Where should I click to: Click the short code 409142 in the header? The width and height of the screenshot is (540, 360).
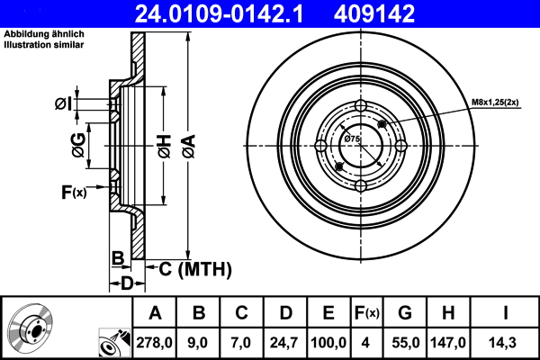pos(400,13)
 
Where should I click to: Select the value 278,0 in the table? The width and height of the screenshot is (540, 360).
pos(155,341)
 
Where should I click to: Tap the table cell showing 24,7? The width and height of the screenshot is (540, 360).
pos(283,341)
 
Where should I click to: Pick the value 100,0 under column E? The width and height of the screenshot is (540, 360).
pos(328,341)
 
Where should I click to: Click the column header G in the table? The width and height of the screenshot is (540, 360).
pos(405,313)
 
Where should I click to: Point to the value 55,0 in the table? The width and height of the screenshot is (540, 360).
pos(405,341)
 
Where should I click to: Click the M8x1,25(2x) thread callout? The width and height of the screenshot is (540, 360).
pos(495,103)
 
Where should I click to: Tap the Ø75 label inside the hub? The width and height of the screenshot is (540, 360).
pos(352,139)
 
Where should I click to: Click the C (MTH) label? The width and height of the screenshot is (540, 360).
pos(195,268)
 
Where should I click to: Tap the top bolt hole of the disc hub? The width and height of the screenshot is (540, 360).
pos(361,108)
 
